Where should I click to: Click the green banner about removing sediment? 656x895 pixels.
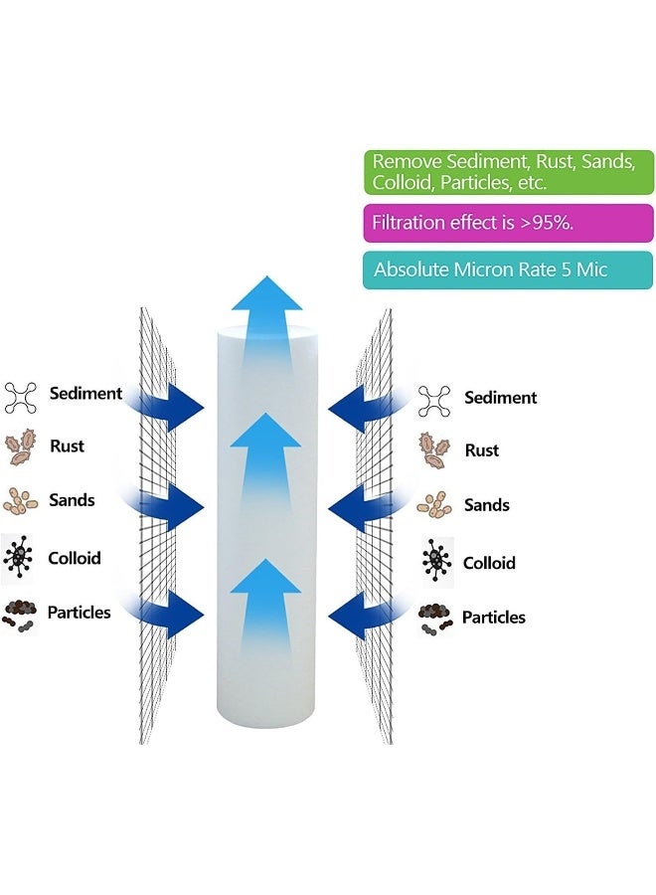(508, 172)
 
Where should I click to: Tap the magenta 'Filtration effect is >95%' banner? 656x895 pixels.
(508, 223)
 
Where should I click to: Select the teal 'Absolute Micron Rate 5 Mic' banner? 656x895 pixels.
(508, 269)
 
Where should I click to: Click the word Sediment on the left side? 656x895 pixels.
(85, 393)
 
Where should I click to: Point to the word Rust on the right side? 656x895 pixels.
(482, 450)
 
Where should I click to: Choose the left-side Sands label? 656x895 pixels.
(72, 500)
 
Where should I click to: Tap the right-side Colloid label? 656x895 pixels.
(489, 563)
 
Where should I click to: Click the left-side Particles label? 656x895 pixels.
(80, 612)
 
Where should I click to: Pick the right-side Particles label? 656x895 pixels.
(494, 618)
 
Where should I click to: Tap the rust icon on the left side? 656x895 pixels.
(22, 447)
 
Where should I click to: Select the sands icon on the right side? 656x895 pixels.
(434, 504)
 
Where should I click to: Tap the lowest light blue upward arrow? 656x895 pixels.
(265, 607)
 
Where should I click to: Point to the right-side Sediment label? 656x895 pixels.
(500, 398)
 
